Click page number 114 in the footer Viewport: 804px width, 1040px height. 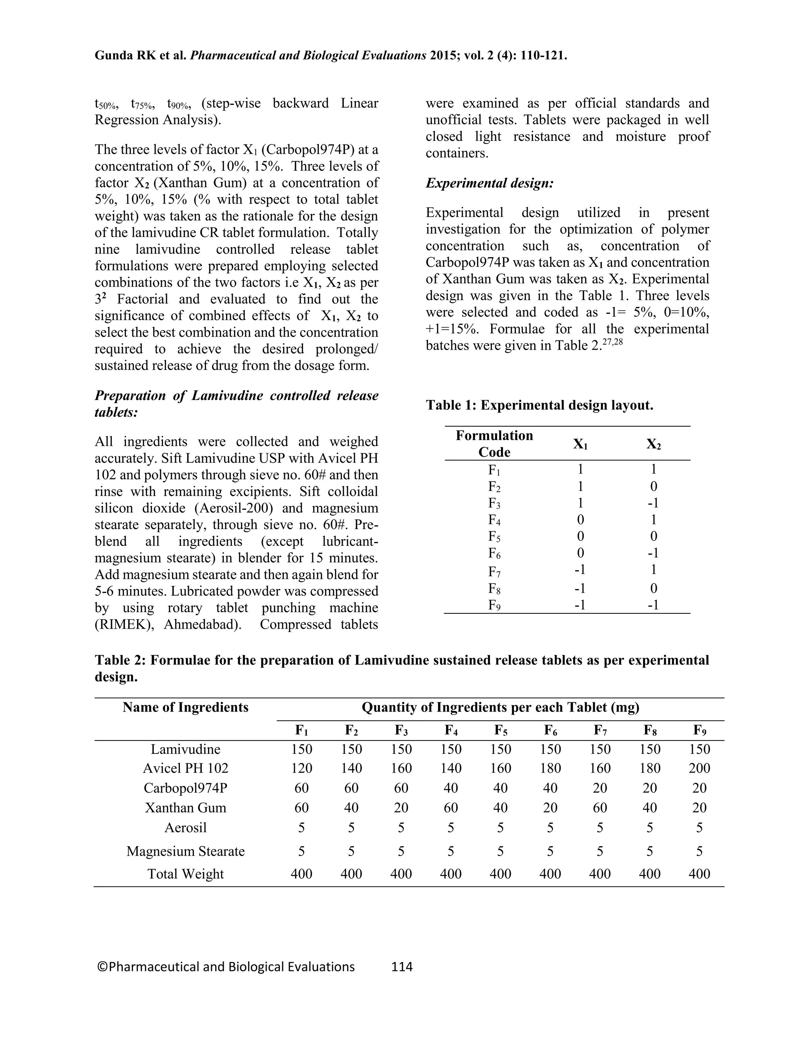point(402,966)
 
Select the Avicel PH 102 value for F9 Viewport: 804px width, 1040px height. point(699,768)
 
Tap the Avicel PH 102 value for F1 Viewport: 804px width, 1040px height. point(301,768)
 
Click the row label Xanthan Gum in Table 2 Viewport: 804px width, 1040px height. point(185,808)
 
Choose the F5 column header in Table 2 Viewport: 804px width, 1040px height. point(500,730)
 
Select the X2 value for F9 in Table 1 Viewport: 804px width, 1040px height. point(653,605)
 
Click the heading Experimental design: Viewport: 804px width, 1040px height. point(490,183)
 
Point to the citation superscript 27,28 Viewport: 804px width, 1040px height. point(612,341)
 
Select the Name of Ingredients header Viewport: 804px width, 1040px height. point(185,707)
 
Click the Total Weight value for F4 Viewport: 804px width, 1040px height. point(451,874)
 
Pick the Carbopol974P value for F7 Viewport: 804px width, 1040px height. point(600,788)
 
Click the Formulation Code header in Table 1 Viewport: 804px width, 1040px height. point(494,443)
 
